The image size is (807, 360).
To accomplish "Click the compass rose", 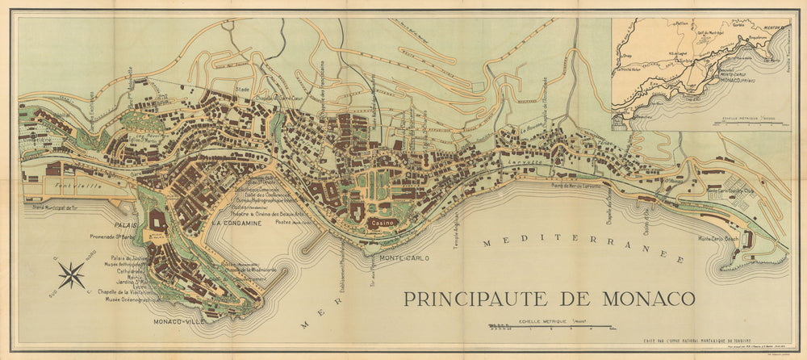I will [x=71, y=275].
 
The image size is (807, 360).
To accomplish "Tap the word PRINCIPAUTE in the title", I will [x=479, y=298].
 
